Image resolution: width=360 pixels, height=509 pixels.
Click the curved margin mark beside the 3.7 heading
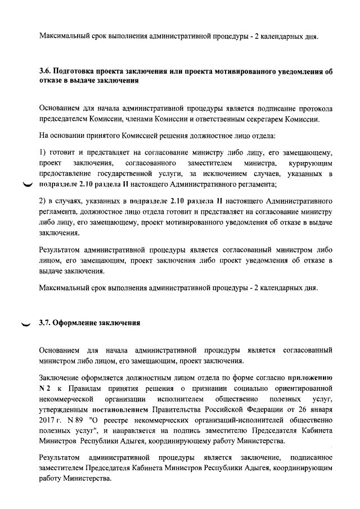coord(26,324)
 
